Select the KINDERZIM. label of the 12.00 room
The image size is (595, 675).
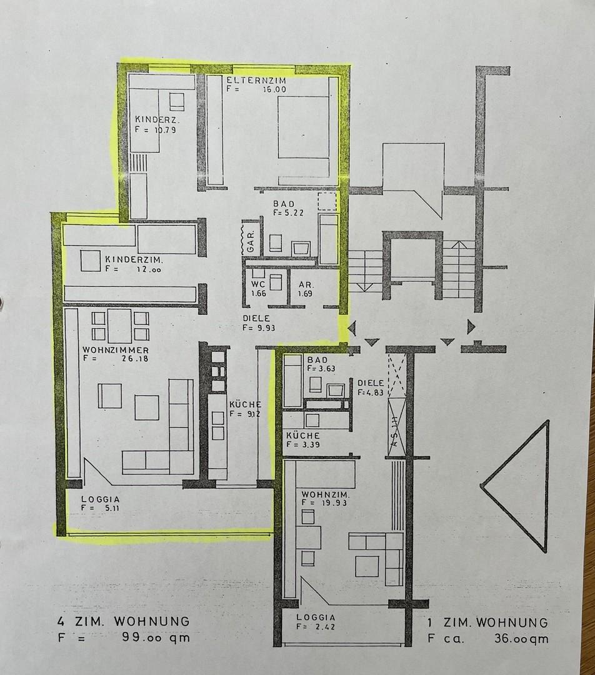(134, 259)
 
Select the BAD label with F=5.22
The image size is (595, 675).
(284, 204)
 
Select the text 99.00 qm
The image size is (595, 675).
(154, 638)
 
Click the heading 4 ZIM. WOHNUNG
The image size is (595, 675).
(123, 622)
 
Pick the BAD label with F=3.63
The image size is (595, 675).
(319, 360)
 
